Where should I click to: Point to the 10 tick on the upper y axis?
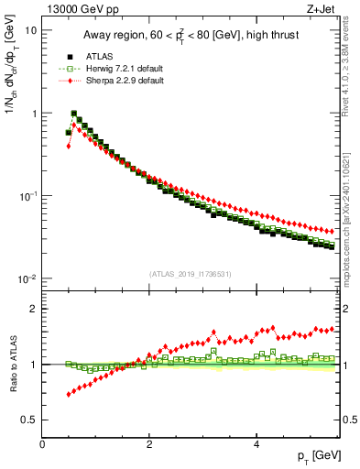30,30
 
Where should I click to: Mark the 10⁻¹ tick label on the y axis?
27,196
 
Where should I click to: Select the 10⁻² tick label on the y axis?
27,278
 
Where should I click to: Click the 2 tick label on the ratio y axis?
33,309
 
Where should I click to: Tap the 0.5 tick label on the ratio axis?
28,420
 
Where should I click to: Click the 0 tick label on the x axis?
42,444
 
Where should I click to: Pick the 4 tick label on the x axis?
256,444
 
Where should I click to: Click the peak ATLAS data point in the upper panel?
74,115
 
